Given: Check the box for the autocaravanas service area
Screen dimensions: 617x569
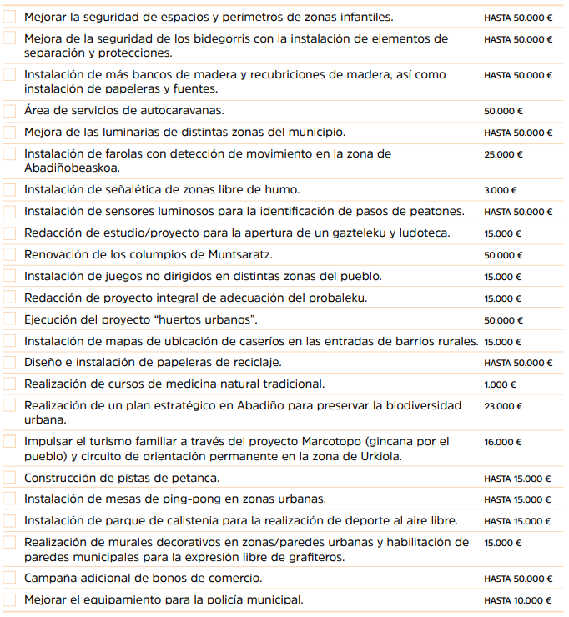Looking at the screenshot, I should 9,111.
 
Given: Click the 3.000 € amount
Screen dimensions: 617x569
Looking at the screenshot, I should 501,190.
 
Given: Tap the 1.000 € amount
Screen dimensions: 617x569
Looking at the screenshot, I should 500,384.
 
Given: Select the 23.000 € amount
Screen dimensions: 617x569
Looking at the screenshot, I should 503,406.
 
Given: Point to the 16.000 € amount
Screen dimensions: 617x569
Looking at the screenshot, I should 503,443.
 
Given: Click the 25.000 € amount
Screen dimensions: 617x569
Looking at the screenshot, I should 503,154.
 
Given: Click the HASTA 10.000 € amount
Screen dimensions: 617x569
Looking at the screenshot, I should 517,600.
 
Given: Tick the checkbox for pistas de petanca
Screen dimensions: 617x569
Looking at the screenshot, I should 9,478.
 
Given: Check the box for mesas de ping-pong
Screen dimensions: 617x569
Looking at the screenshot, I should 9,499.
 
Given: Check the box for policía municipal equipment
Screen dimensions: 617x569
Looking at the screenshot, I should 9,599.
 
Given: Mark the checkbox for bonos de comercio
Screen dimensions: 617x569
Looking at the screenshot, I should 9,578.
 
